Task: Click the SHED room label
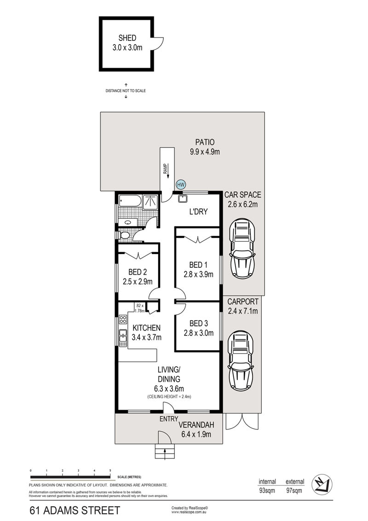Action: pyautogui.click(x=127, y=38)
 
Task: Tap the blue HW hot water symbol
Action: pyautogui.click(x=181, y=185)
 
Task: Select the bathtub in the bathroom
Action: pyautogui.click(x=130, y=201)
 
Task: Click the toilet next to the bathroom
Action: pyautogui.click(x=124, y=236)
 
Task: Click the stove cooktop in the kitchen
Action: pyautogui.click(x=123, y=320)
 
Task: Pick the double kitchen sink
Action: pyautogui.click(x=123, y=337)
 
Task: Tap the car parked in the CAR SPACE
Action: pyautogui.click(x=242, y=248)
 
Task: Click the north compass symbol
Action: pyautogui.click(x=322, y=484)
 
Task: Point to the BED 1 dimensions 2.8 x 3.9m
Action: pyautogui.click(x=199, y=275)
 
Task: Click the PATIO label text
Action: pyautogui.click(x=205, y=142)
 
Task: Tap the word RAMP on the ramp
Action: pyautogui.click(x=165, y=169)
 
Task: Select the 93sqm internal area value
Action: pyautogui.click(x=267, y=491)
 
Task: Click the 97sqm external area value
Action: pyautogui.click(x=294, y=491)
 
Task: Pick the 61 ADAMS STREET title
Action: pyautogui.click(x=75, y=510)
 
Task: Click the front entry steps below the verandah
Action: pyautogui.click(x=165, y=452)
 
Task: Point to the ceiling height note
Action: pyautogui.click(x=169, y=397)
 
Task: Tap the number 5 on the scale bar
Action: pyautogui.click(x=110, y=470)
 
